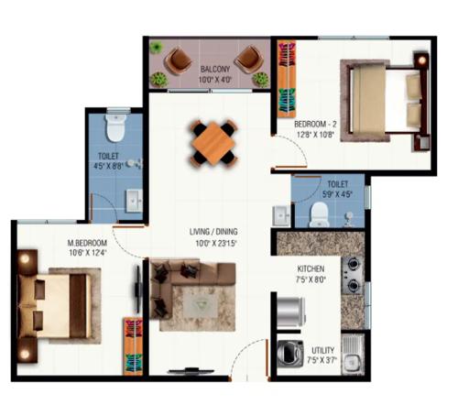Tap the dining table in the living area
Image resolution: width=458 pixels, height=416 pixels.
coord(213,142)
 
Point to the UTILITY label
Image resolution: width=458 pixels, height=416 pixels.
coord(323,351)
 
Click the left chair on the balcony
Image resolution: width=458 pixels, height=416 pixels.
coord(178,62)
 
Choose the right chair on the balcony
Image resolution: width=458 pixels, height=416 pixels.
coord(247,62)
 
